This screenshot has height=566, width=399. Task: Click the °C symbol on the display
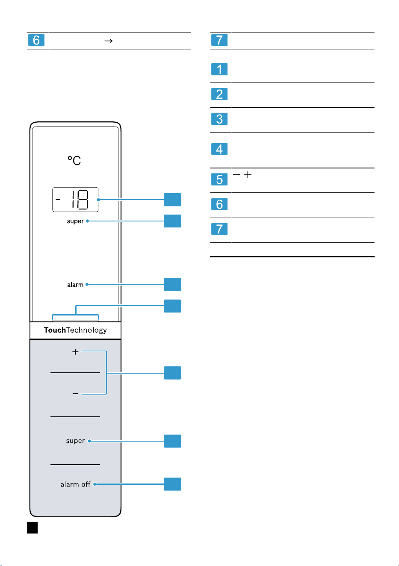pos(74,160)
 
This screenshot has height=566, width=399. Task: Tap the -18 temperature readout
pos(75,200)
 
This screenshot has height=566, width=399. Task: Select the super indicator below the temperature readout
pos(75,221)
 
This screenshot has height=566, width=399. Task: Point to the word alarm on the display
pos(75,285)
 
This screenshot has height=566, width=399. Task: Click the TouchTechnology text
pos(75,330)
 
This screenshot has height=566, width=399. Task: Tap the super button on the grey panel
pos(75,441)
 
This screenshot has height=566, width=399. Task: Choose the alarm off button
pos(75,484)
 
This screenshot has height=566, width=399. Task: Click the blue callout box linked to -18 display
pos(172,200)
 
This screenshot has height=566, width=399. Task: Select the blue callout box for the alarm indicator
pos(172,284)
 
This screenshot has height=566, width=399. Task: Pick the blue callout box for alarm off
pos(172,484)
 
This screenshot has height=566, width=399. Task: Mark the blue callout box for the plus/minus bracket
pos(172,373)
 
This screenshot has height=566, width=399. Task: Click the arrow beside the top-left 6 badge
pos(109,41)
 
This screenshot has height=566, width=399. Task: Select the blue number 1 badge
pos(219,69)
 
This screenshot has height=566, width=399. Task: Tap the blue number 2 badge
pos(219,94)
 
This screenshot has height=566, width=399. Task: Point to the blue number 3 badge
pos(219,119)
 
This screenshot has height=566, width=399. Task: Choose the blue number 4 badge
pos(219,149)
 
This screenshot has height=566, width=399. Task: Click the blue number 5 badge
pos(219,180)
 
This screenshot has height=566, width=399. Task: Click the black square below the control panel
pos(33,528)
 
